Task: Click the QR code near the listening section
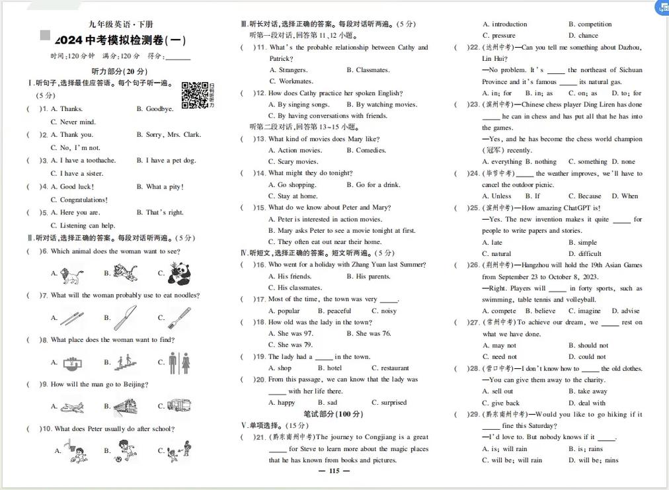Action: click(195, 95)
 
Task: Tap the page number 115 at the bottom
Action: click(334, 471)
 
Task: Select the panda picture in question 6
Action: click(179, 272)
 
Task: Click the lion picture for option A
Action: click(72, 273)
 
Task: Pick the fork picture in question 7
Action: click(179, 317)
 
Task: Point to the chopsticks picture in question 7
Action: click(72, 318)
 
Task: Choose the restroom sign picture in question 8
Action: click(179, 362)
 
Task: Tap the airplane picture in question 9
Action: click(72, 407)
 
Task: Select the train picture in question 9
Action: click(125, 406)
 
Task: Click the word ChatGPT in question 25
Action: click(583, 208)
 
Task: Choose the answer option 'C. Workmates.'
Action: click(291, 81)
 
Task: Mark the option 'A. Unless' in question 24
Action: click(497, 196)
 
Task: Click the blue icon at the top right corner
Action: click(662, 7)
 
